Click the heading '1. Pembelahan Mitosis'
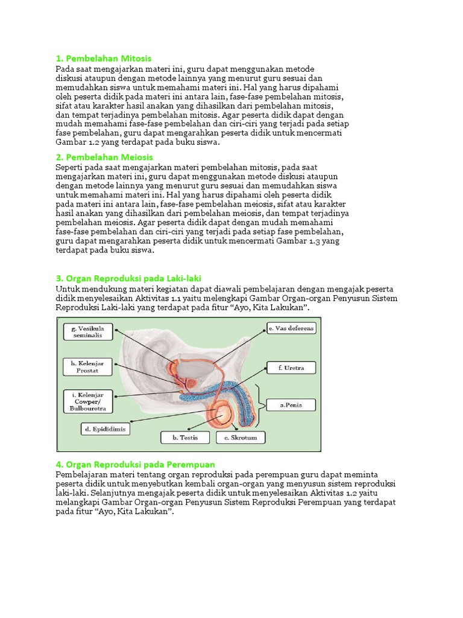(103, 59)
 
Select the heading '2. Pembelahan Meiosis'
(103, 157)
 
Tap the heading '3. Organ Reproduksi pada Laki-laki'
(129, 278)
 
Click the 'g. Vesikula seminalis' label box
(88, 331)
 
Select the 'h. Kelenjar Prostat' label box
(87, 366)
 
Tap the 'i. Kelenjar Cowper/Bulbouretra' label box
(87, 401)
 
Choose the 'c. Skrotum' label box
(241, 437)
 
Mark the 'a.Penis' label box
(291, 406)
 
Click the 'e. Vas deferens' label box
(291, 328)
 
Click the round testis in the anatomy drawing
(222, 415)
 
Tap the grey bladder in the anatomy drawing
(196, 367)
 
